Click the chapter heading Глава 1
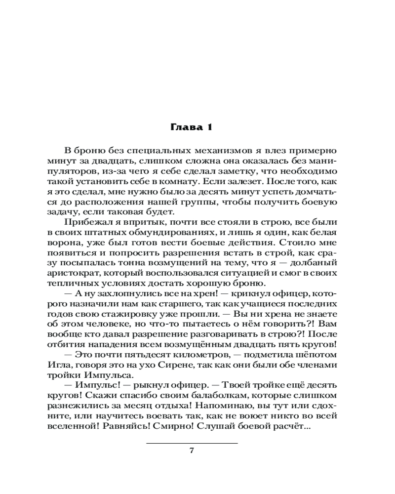point(191,127)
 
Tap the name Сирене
point(154,366)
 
